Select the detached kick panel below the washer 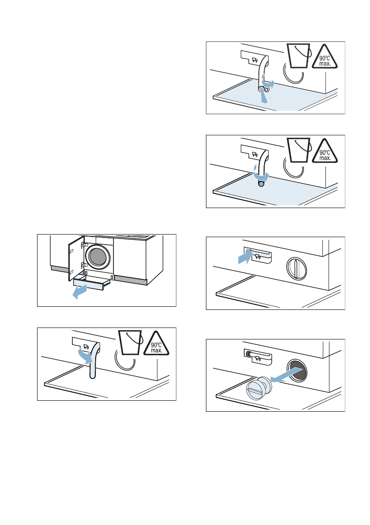92,283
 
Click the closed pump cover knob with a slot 297,268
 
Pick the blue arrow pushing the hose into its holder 244,257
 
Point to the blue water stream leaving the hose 264,96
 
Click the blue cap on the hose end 261,183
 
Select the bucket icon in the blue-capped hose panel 299,150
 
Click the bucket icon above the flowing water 299,56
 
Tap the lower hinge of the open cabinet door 84,265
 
